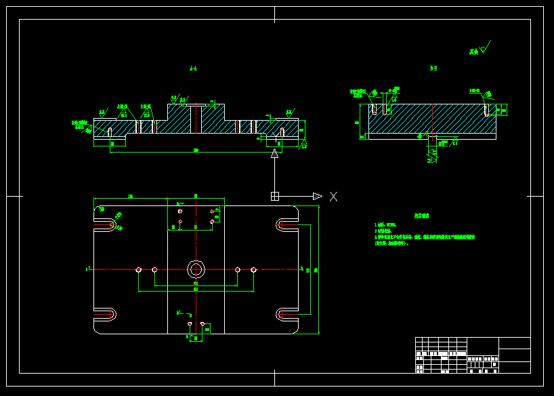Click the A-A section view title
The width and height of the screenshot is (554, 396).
click(194, 68)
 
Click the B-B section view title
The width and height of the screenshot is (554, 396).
click(433, 68)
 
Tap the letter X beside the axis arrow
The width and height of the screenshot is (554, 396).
click(333, 197)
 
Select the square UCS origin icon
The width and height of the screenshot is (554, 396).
click(274, 197)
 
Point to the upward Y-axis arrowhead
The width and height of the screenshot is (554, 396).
click(274, 155)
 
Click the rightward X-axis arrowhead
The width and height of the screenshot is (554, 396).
click(316, 197)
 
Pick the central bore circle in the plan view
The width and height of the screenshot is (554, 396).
click(196, 269)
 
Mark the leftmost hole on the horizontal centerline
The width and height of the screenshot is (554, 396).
click(139, 269)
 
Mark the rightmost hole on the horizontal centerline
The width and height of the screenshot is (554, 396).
click(253, 269)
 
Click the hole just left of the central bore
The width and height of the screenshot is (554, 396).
click(154, 269)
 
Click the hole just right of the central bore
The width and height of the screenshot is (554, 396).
click(238, 269)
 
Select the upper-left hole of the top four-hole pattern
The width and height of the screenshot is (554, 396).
click(180, 211)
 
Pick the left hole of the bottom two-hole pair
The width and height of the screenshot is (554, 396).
click(190, 323)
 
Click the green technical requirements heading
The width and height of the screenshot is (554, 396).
click(422, 216)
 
